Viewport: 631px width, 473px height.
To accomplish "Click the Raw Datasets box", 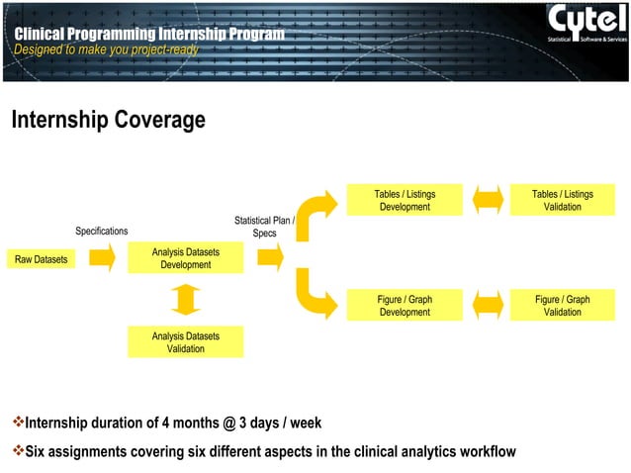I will click(42, 259).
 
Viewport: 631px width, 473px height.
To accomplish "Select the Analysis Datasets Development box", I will click(185, 259).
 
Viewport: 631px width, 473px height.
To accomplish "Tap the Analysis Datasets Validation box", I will click(185, 342).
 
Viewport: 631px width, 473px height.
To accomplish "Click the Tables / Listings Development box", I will click(405, 200).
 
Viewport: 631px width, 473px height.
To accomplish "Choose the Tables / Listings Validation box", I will click(562, 200).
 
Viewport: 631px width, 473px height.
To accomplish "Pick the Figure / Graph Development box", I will click(405, 306).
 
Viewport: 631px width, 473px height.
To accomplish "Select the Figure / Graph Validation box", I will click(562, 306).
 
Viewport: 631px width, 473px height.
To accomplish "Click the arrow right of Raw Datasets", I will click(102, 259).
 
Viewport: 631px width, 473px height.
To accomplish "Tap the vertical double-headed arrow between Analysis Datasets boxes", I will click(185, 300).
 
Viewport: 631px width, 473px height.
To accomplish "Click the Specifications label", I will click(102, 232).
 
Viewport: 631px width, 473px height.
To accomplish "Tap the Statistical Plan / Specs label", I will click(264, 227).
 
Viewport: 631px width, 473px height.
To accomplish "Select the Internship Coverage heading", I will click(108, 121).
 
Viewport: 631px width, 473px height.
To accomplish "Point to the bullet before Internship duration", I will click(16, 424).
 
